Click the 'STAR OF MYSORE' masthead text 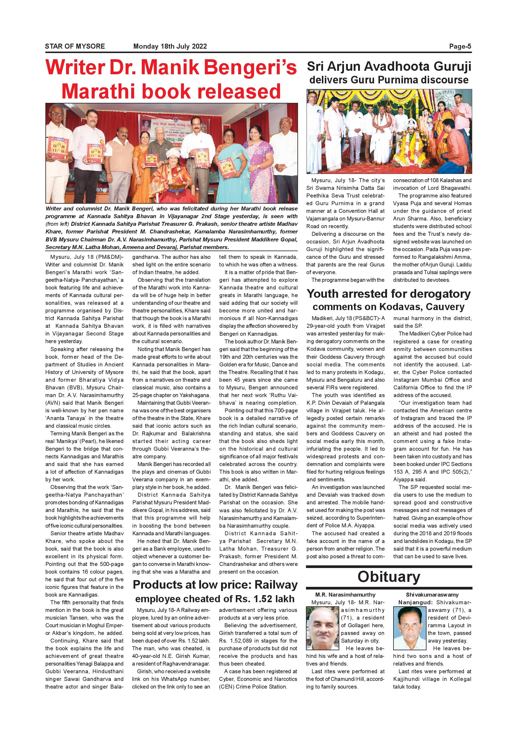pos(75,46)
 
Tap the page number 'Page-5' pos(460,46)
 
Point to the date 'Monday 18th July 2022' pos(170,46)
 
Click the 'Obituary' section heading pos(389,577)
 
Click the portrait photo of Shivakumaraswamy pos(410,628)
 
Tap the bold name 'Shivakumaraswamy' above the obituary pos(432,595)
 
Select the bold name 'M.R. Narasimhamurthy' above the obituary pos(345,595)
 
